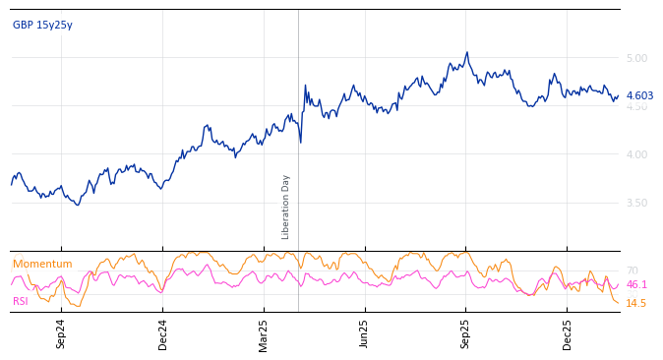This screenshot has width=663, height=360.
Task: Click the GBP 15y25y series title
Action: pos(42,25)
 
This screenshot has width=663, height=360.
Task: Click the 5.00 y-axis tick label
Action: pos(636,58)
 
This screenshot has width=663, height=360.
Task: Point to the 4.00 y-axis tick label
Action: pos(636,154)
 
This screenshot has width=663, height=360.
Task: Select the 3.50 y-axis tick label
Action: pos(636,203)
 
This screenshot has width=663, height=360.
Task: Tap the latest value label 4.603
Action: pos(639,95)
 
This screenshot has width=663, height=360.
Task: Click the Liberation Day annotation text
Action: pos(286,207)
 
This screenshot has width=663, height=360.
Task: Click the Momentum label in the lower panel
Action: pos(42,264)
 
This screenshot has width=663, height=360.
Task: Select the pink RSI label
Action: pos(20,301)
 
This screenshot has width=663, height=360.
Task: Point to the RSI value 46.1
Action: pos(636,284)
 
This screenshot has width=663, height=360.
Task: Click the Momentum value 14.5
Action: pos(636,303)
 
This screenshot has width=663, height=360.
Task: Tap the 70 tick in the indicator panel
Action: pos(632,270)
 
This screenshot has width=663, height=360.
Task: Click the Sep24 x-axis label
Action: pos(61,333)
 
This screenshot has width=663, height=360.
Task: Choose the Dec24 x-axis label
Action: pos(163,333)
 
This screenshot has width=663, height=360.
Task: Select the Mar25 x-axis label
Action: pos(264,333)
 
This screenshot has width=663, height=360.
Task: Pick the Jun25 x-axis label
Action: pos(365,333)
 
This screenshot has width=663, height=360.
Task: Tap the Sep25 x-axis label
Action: pos(466,333)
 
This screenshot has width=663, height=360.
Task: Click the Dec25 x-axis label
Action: pos(568,333)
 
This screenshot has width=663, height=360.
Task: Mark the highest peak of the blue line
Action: pos(467,52)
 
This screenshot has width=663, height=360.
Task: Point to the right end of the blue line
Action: pos(619,95)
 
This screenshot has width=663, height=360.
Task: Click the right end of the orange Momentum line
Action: pos(619,303)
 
